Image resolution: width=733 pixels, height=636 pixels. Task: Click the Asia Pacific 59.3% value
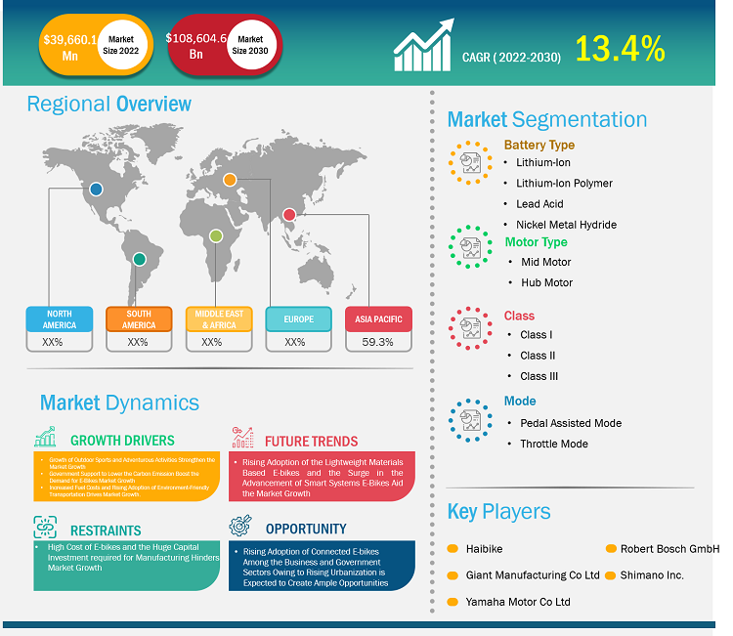pyautogui.click(x=377, y=342)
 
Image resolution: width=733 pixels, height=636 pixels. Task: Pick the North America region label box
pyautogui.click(x=59, y=318)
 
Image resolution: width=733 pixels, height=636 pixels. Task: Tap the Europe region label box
pyautogui.click(x=298, y=318)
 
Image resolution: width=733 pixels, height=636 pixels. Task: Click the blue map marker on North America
pyautogui.click(x=96, y=190)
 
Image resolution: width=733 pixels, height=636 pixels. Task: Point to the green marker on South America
pyautogui.click(x=140, y=259)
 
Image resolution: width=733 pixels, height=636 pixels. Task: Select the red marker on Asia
pyautogui.click(x=289, y=214)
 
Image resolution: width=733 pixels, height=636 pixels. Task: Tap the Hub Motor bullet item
pyautogui.click(x=546, y=282)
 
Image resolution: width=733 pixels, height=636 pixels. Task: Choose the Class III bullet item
pyautogui.click(x=539, y=376)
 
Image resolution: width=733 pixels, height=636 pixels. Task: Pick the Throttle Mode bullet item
pyautogui.click(x=554, y=444)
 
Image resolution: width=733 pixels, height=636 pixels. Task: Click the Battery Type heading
pyautogui.click(x=539, y=145)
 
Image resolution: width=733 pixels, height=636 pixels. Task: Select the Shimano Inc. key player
pyautogui.click(x=651, y=575)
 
